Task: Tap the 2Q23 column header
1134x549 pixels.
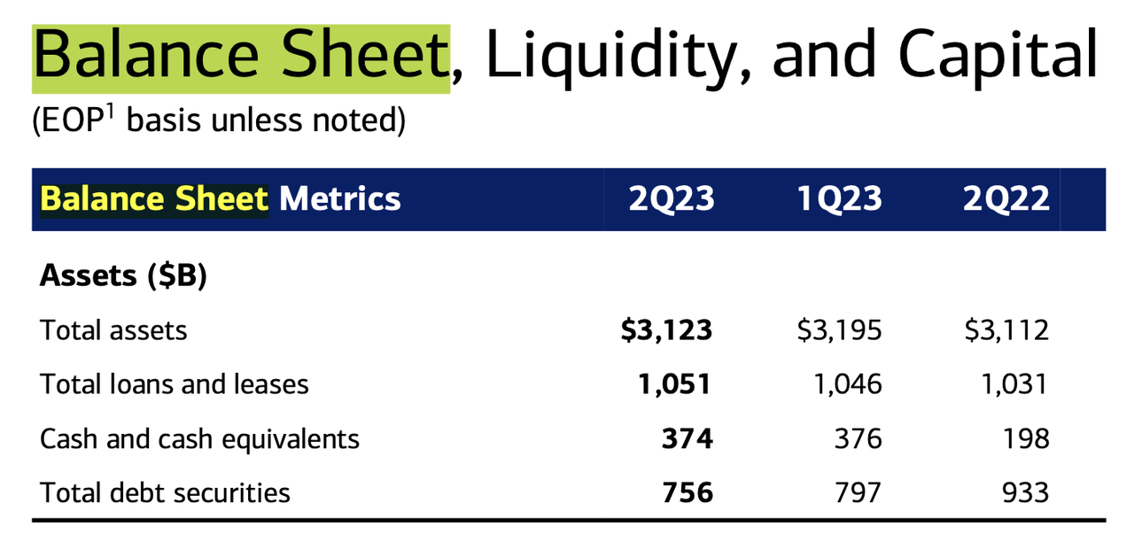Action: tap(672, 199)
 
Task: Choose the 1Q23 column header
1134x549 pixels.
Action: tap(839, 199)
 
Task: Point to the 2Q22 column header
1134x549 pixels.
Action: tap(1006, 199)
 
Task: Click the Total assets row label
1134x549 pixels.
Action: tap(113, 330)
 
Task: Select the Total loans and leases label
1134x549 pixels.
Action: tap(175, 384)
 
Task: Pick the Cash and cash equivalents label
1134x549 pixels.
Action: tap(200, 438)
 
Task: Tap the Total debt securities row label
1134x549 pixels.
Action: tap(166, 492)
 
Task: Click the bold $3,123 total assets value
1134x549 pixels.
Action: tap(666, 330)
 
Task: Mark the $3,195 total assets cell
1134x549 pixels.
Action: tap(838, 330)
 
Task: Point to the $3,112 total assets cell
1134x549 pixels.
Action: tap(1006, 330)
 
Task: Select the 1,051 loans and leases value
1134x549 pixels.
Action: tap(674, 384)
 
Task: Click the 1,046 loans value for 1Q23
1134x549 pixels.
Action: tap(846, 384)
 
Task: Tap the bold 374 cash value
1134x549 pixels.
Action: tap(687, 438)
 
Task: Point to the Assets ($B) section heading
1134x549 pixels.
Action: tap(123, 276)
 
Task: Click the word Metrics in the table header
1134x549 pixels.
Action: tap(340, 199)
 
